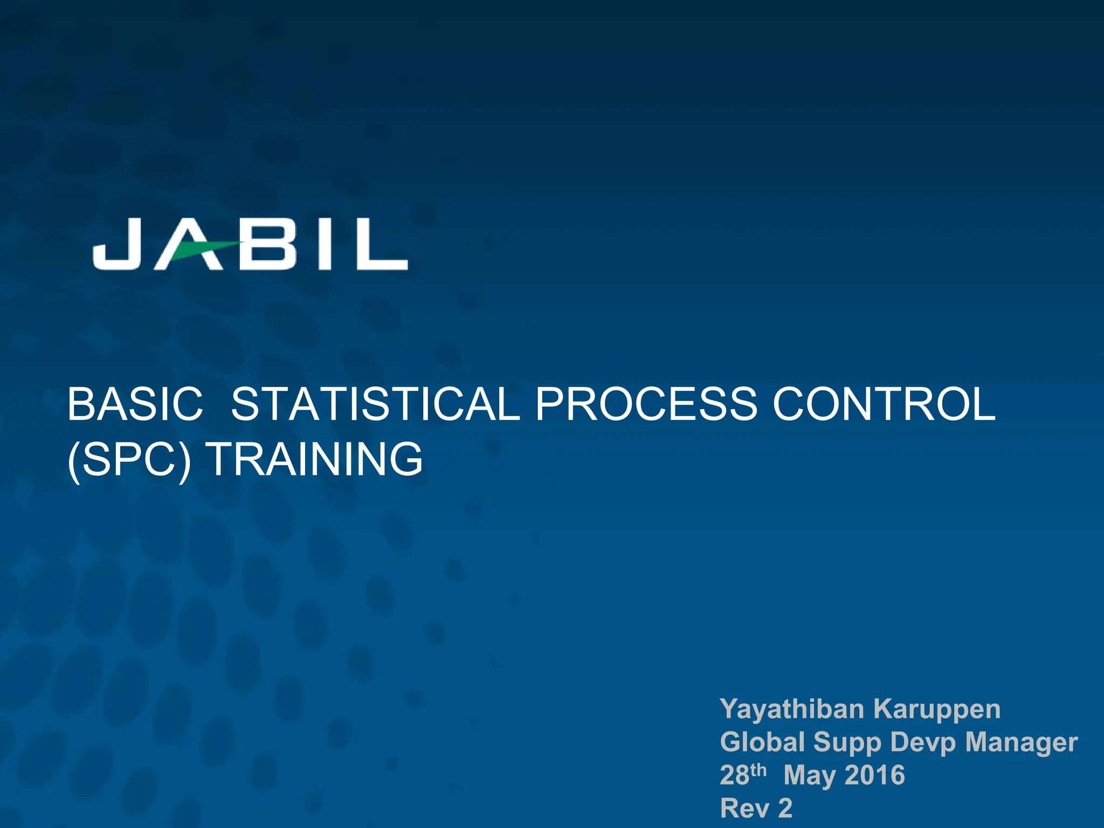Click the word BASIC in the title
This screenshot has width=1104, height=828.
135,405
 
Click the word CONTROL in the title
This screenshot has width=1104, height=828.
884,405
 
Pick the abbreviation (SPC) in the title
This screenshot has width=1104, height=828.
129,460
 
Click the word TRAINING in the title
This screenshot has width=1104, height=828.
315,460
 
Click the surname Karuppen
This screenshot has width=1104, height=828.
937,709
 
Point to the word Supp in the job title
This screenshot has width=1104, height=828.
847,743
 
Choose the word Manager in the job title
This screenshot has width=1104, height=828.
1021,743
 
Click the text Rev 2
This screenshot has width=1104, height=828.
756,808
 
